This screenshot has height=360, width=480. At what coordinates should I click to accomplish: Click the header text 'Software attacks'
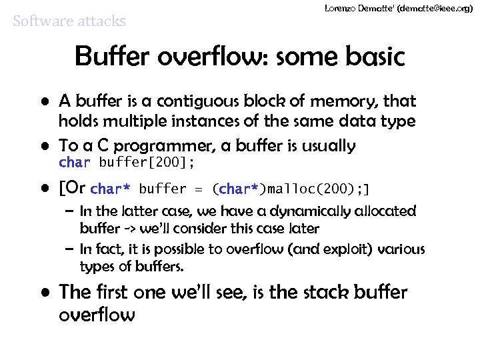pyautogui.click(x=69, y=21)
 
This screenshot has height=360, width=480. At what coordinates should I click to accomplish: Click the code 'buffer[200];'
pyautogui.click(x=147, y=163)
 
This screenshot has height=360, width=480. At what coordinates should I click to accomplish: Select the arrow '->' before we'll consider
pyautogui.click(x=129, y=229)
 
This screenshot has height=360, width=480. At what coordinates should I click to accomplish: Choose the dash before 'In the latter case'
pyautogui.click(x=69, y=212)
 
